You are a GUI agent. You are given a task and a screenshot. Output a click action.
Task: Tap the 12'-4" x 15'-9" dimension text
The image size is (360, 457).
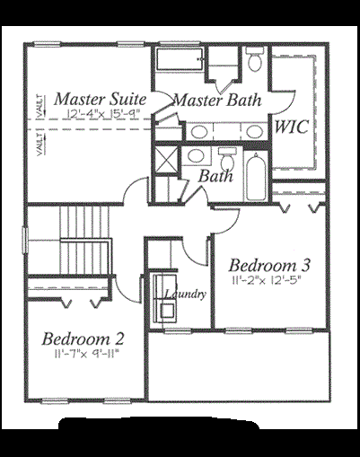click(102, 115)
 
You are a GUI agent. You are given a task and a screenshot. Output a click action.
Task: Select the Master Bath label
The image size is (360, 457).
click(218, 100)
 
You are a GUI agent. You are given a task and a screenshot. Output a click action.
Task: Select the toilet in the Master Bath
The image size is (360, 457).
click(254, 61)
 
